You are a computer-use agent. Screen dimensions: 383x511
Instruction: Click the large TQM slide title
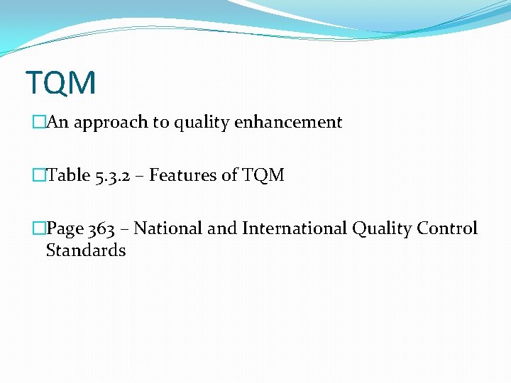pos(60,83)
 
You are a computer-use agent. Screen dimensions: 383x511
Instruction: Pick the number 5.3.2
pos(111,175)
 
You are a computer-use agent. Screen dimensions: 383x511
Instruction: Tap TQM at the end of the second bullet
pos(263,175)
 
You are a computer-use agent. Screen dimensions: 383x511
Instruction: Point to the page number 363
pos(102,228)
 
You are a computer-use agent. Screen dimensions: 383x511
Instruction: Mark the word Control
pos(447,228)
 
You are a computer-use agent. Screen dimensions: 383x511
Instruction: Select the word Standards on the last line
pos(86,250)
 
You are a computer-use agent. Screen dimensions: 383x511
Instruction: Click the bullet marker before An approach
pos(38,123)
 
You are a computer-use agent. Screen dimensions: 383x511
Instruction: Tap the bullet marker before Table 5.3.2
pos(38,175)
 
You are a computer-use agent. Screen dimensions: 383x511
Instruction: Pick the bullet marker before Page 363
pos(38,228)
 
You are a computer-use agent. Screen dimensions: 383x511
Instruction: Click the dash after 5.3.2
pos(139,176)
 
